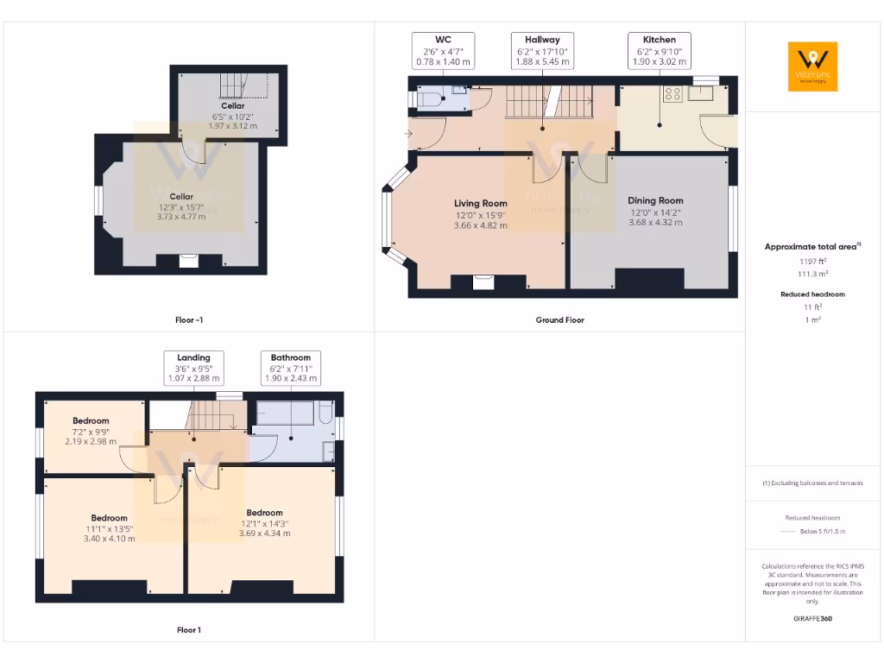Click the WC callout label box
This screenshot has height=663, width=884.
pos(443,51)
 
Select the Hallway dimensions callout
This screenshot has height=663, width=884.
pos(541,51)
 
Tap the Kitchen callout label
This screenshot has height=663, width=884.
pos(659,51)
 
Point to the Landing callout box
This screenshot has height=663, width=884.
pos(193,368)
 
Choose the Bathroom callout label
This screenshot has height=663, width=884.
pos(290,368)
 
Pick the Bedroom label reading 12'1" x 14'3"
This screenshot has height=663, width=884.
pos(264,522)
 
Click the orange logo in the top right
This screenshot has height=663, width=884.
pos(812,66)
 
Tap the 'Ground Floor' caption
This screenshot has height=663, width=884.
pos(560,320)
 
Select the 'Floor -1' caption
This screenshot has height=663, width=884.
pos(189,320)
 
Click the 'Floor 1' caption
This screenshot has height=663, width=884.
pos(189,630)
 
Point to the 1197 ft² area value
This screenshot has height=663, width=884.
pos(811,260)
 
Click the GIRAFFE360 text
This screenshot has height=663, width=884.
pos(811,619)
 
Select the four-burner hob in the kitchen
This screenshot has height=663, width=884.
pos(672,94)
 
